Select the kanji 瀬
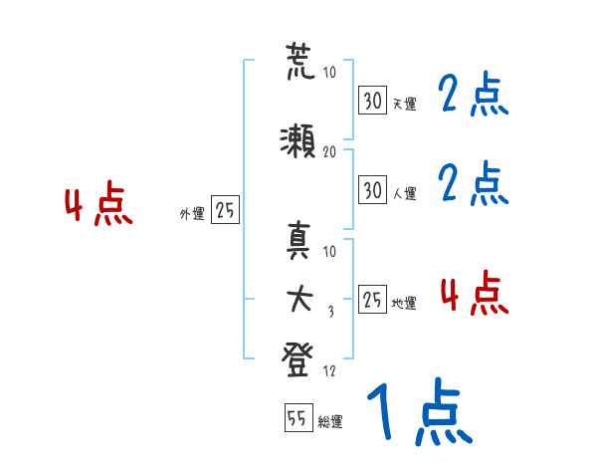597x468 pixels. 298,140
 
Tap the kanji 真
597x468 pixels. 298,242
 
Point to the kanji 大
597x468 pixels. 298,297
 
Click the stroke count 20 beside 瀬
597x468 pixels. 329,151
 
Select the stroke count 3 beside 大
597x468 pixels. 329,311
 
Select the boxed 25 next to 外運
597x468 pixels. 225,210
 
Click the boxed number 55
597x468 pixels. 298,418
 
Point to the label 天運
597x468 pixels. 404,104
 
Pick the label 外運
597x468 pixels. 191,213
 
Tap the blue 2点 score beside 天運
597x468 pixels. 474,97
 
